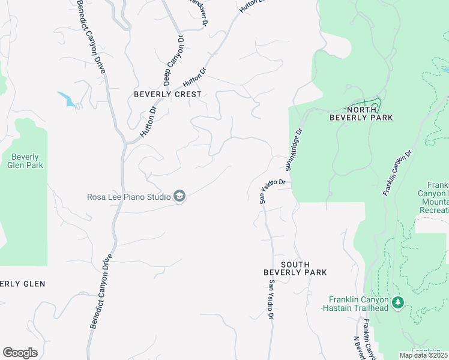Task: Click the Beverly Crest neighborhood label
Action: tap(167, 94)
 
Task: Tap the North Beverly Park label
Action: tap(361, 113)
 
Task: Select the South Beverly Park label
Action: tap(295, 268)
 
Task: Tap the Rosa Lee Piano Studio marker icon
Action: tap(179, 196)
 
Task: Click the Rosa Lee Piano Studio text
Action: tap(129, 196)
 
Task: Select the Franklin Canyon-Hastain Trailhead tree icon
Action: tap(397, 304)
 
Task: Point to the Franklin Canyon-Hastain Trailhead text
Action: tap(358, 304)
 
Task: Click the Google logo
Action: tap(20, 353)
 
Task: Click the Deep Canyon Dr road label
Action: tap(173, 60)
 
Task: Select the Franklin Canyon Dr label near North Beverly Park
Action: tap(397, 172)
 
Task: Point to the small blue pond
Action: tap(67, 99)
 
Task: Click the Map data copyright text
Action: tap(424, 355)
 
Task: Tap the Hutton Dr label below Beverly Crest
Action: tap(148, 123)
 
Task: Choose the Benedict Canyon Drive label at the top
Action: tap(91, 36)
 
